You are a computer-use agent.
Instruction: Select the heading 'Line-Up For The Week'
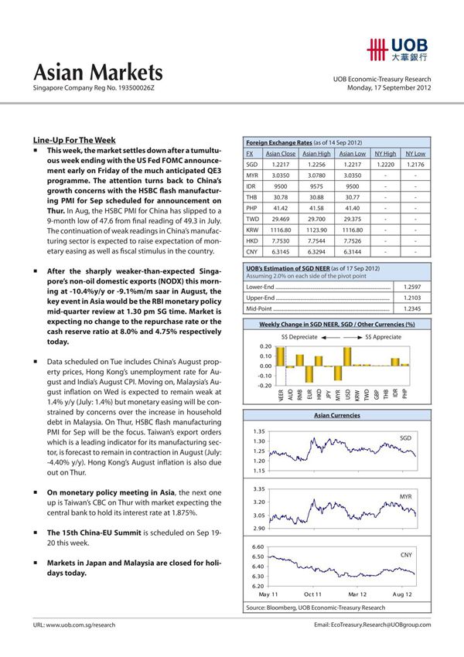[74, 139]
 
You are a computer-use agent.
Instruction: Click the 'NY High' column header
[384, 154]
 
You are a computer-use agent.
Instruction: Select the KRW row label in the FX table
[251, 230]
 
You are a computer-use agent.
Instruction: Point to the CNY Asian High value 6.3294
[317, 251]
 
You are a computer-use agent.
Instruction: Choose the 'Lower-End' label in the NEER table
[261, 287]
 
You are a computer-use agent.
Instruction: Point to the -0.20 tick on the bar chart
[264, 385]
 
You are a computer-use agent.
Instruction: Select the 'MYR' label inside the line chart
[406, 495]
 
